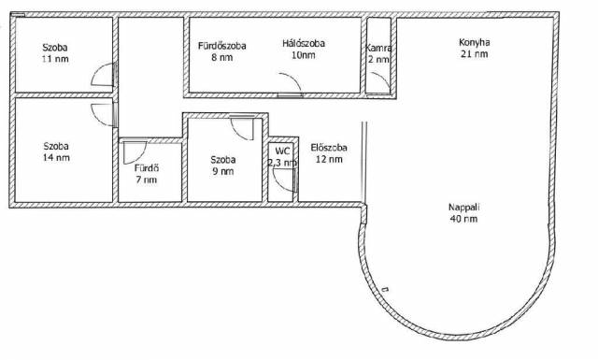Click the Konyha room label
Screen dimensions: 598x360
point(474,42)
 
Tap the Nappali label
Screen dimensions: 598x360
point(463,208)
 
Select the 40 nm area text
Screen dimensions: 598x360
point(463,219)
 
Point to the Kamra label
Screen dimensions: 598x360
point(378,48)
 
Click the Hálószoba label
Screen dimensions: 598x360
point(304,44)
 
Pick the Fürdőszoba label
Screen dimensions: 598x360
point(222,46)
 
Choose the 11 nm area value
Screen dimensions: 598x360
point(55,59)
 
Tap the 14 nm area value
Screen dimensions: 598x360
point(56,158)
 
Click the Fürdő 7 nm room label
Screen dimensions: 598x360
point(147,174)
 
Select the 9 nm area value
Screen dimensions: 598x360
point(223,171)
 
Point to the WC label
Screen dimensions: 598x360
point(282,151)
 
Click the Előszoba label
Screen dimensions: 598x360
point(329,148)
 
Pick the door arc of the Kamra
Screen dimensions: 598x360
point(381,79)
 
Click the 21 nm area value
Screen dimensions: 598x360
point(474,54)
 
